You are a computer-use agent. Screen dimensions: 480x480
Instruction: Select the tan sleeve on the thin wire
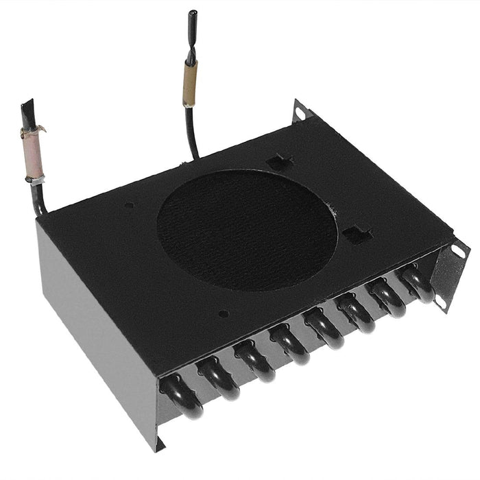pyautogui.click(x=189, y=83)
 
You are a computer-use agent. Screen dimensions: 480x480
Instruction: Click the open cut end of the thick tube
pyautogui.click(x=27, y=108)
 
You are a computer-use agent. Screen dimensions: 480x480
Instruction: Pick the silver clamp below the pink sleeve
pyautogui.click(x=35, y=180)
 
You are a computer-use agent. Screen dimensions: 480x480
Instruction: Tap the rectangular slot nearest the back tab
pyautogui.click(x=280, y=163)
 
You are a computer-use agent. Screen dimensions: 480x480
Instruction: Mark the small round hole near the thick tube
pyautogui.click(x=130, y=204)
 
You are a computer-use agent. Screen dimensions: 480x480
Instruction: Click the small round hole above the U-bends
pyautogui.click(x=224, y=314)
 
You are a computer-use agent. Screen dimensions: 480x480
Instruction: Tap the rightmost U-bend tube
pyautogui.click(x=417, y=283)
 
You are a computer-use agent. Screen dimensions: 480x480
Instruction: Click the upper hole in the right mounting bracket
pyautogui.click(x=458, y=252)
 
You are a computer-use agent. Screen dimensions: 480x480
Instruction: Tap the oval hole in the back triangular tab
pyautogui.click(x=299, y=109)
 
